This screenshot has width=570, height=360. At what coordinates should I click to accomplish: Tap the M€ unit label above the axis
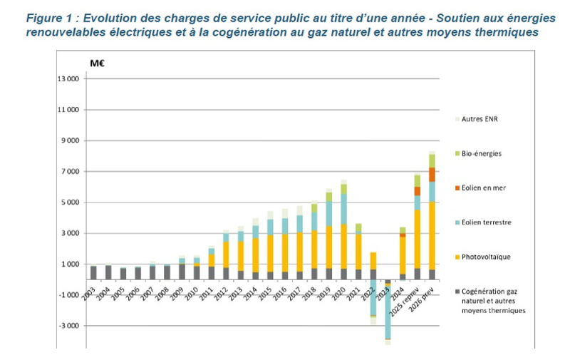click(x=98, y=63)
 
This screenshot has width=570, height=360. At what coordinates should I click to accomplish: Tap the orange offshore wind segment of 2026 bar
click(x=432, y=175)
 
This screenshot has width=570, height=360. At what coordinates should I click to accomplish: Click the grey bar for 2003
click(x=93, y=272)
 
